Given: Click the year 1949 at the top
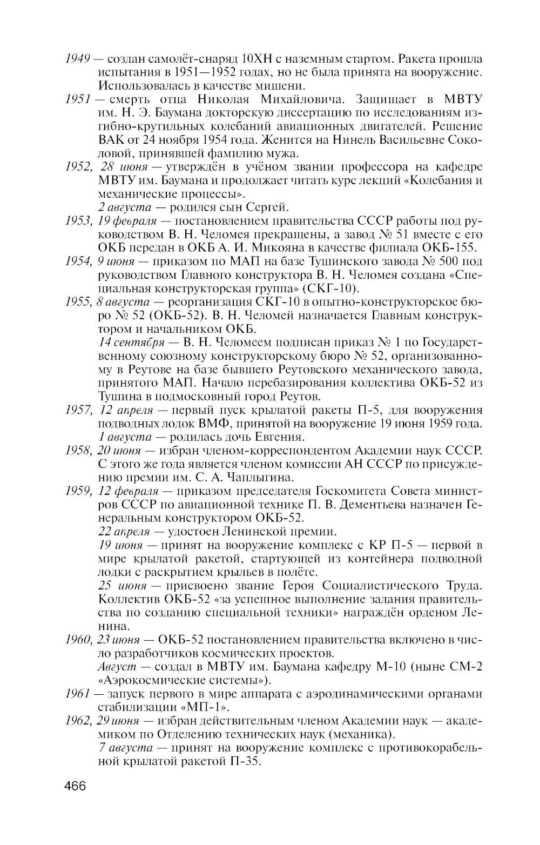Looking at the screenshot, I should click(76, 58).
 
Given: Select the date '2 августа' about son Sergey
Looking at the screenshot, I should click(125, 207).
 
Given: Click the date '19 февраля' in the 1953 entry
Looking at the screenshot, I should click(127, 221).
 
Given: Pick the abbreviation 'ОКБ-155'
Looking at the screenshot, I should click(457, 248).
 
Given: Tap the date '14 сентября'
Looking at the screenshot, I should click(132, 343).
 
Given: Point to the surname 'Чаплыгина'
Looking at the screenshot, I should click(261, 477).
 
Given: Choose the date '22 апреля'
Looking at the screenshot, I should click(124, 531).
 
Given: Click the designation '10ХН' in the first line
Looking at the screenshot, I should click(255, 58).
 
